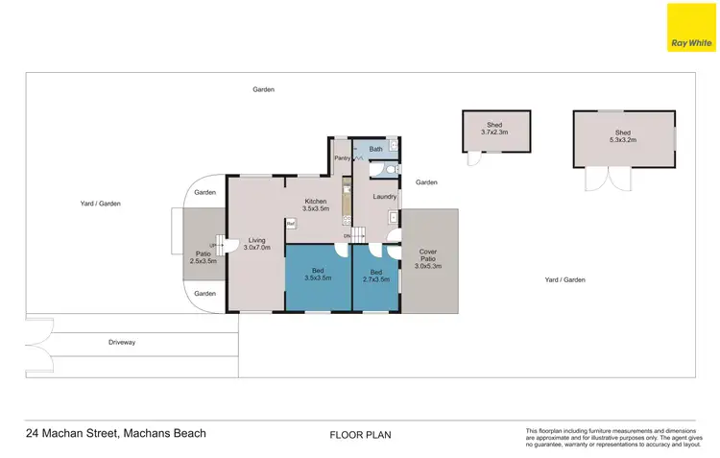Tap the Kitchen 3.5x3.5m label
[316, 205]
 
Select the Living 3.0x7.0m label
[257, 244]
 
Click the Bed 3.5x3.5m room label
[318, 275]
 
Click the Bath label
[375, 149]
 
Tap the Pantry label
[342, 157]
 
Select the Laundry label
[385, 197]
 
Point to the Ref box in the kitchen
[290, 224]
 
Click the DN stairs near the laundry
[355, 235]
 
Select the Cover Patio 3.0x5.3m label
[428, 258]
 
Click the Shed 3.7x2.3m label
[496, 129]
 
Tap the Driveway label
[122, 342]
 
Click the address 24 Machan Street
[115, 433]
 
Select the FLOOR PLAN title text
[360, 435]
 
